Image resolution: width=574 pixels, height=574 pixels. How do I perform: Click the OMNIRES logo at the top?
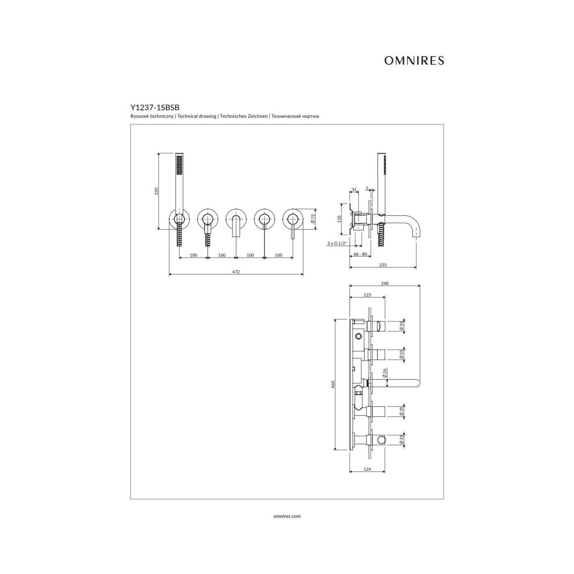(414, 60)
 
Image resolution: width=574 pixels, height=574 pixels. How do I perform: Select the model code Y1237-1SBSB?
(155, 107)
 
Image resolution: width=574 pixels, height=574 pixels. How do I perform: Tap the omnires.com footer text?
(287, 516)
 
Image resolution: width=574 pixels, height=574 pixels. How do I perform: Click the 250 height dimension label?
(156, 191)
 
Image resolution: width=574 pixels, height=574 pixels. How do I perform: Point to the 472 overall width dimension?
(236, 272)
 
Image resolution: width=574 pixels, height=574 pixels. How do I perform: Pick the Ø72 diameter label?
(313, 219)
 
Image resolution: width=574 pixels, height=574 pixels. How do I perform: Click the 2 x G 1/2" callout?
(337, 243)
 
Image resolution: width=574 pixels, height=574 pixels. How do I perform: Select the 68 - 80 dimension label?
(360, 254)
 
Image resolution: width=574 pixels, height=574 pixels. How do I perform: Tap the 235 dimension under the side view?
(383, 265)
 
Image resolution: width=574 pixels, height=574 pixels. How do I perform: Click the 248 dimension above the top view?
(385, 283)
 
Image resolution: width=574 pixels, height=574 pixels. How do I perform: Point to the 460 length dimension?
(333, 384)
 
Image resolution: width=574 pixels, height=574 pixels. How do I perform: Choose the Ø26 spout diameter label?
(385, 373)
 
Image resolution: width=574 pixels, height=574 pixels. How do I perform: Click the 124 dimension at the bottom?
(367, 469)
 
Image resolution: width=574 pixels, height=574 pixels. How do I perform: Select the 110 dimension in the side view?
(339, 219)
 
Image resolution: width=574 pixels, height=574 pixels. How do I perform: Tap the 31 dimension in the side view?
(354, 189)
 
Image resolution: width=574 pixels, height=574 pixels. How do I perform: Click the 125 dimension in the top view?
(367, 295)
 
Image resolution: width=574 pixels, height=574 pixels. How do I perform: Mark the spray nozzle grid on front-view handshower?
(179, 165)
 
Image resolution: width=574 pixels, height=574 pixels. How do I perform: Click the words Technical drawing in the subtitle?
(197, 116)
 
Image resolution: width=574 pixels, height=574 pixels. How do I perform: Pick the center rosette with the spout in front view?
(236, 219)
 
